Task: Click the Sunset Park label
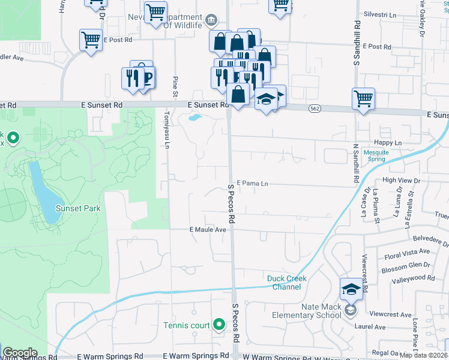pos(77,208)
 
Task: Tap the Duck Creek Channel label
pos(287,283)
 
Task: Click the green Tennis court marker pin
pos(220,325)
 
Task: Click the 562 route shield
pos(315,108)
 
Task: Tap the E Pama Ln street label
pos(252,183)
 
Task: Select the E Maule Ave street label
pos(208,230)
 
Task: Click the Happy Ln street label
pos(387,143)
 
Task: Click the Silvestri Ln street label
pos(381,14)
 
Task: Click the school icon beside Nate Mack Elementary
pos(351,289)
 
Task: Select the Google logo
pos(20,352)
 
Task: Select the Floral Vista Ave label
pos(407,251)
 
